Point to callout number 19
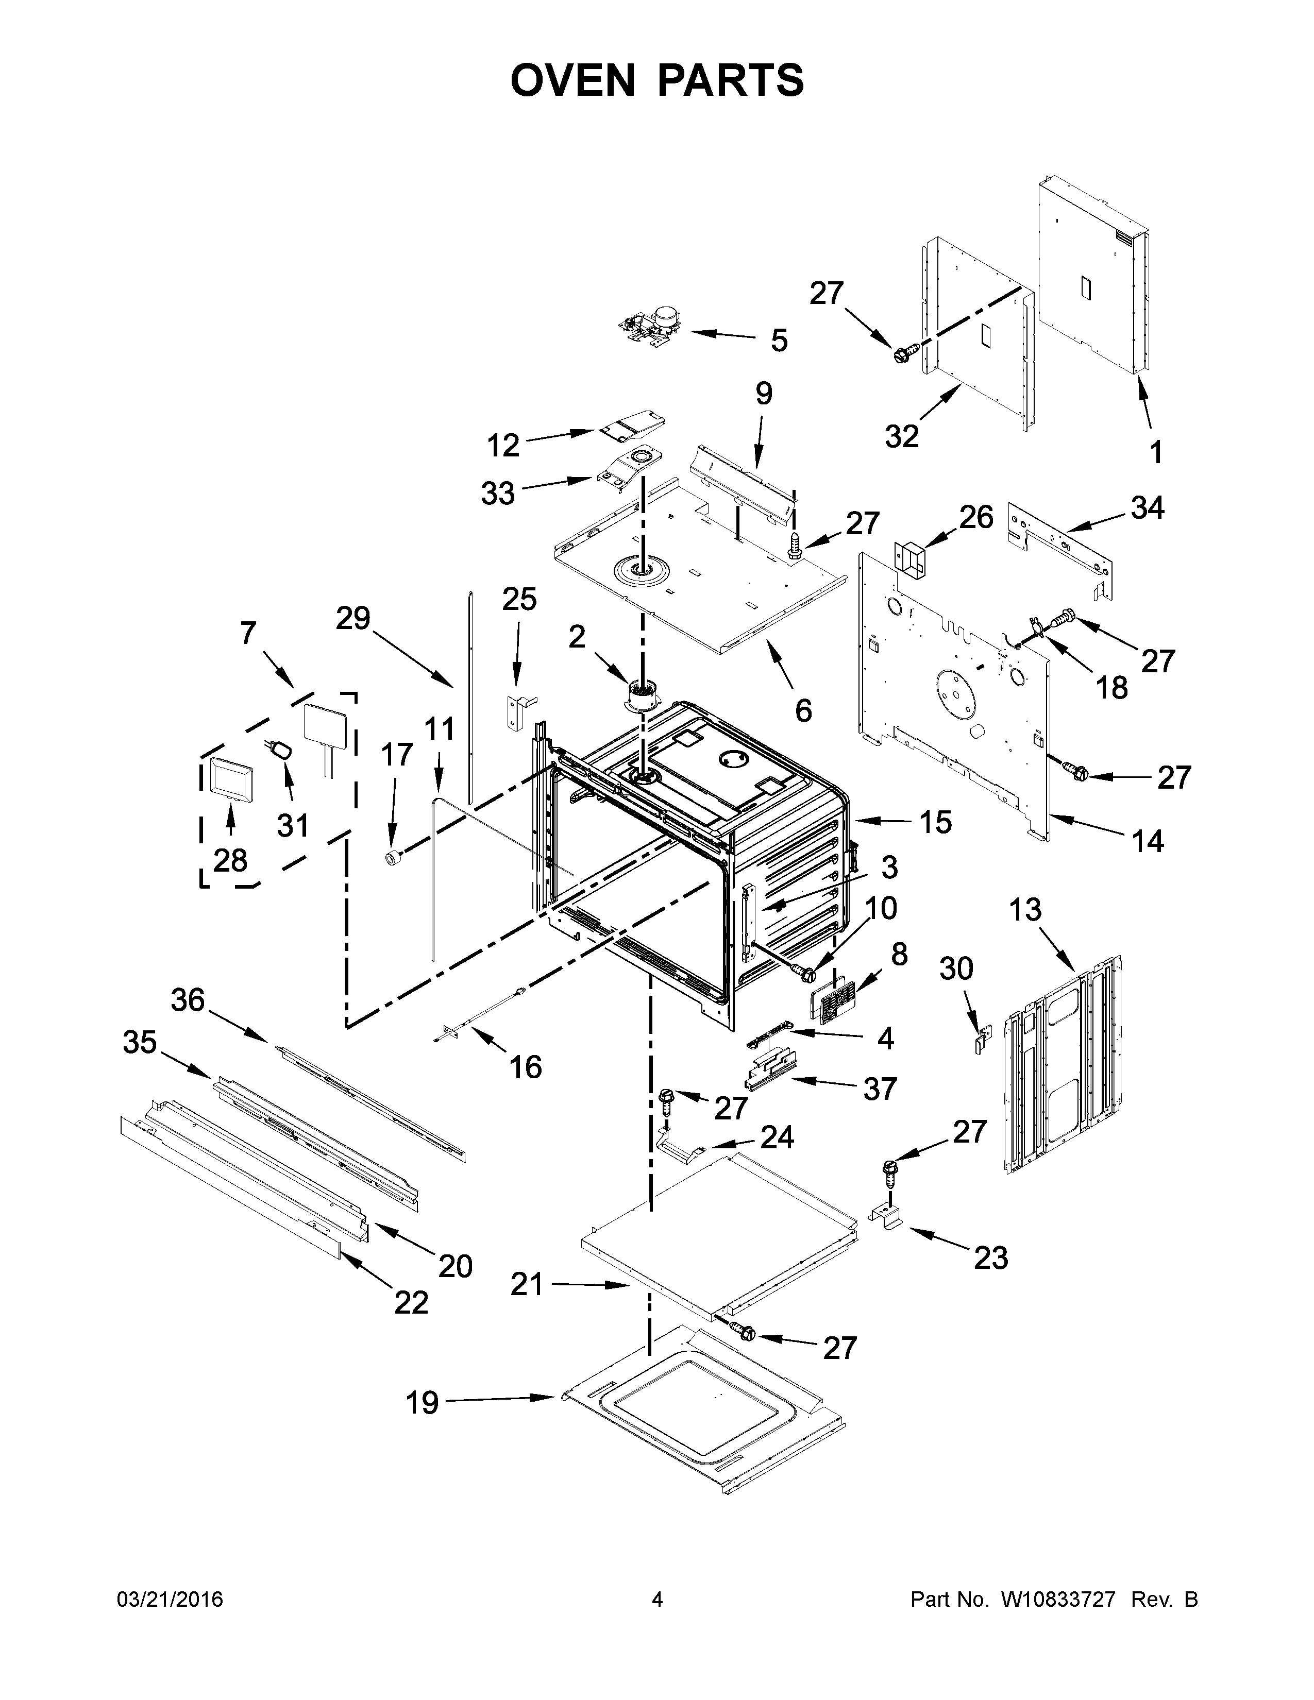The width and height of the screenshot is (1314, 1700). pos(422,1403)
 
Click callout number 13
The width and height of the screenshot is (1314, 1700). pos(1025,909)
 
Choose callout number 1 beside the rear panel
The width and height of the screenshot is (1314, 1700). pos(1155,451)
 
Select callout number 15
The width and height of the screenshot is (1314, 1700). pos(936,822)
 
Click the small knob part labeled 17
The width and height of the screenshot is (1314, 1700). pos(394,857)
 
